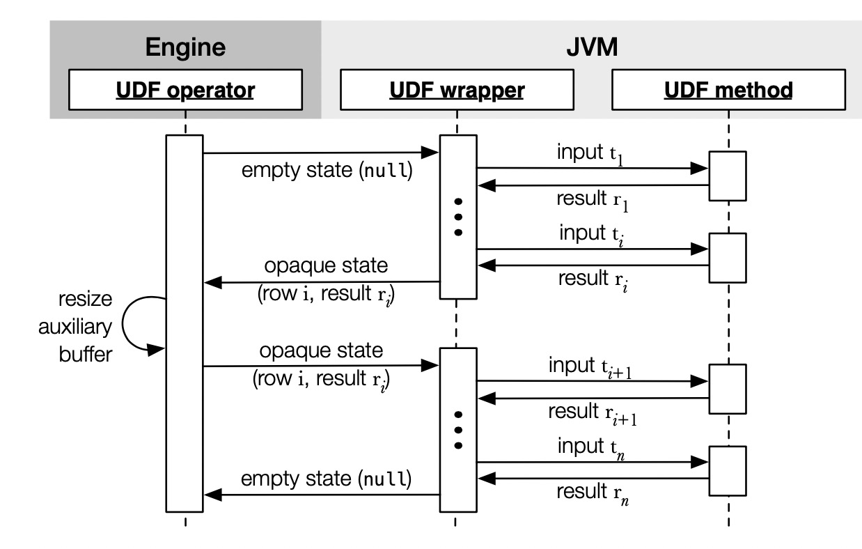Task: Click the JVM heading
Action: [x=592, y=47]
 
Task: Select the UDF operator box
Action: [x=185, y=90]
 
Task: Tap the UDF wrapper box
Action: [x=457, y=90]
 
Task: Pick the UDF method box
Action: [x=728, y=90]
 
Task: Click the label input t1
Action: [x=590, y=154]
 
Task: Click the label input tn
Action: [x=591, y=449]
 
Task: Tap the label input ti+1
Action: [x=590, y=368]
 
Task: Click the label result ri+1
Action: [x=593, y=414]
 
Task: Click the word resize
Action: [x=86, y=299]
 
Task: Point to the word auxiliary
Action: [x=75, y=327]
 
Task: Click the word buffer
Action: [x=86, y=354]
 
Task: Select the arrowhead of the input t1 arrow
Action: [x=699, y=168]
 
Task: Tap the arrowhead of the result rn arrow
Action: [x=487, y=479]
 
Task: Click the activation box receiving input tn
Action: [x=728, y=471]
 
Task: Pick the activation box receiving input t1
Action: [x=728, y=176]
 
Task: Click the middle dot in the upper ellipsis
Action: [x=458, y=217]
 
